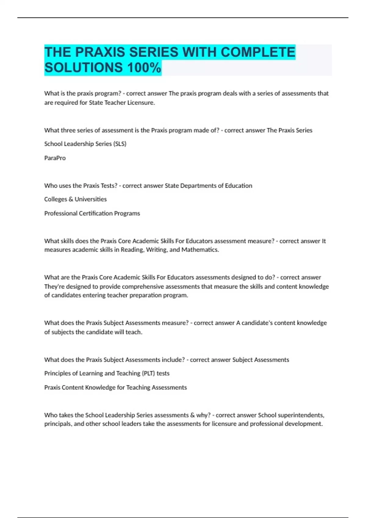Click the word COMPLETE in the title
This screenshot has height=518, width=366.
click(258, 52)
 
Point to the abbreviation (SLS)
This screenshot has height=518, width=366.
click(120, 144)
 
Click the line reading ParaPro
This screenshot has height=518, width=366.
click(55, 158)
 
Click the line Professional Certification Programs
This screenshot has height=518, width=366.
click(92, 213)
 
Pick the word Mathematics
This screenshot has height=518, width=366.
click(200, 250)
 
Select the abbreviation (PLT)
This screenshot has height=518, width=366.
click(149, 373)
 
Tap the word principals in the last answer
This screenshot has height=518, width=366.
click(58, 424)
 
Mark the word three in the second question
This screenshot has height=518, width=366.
click(67, 130)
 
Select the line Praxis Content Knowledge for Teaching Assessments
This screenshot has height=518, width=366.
click(115, 387)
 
